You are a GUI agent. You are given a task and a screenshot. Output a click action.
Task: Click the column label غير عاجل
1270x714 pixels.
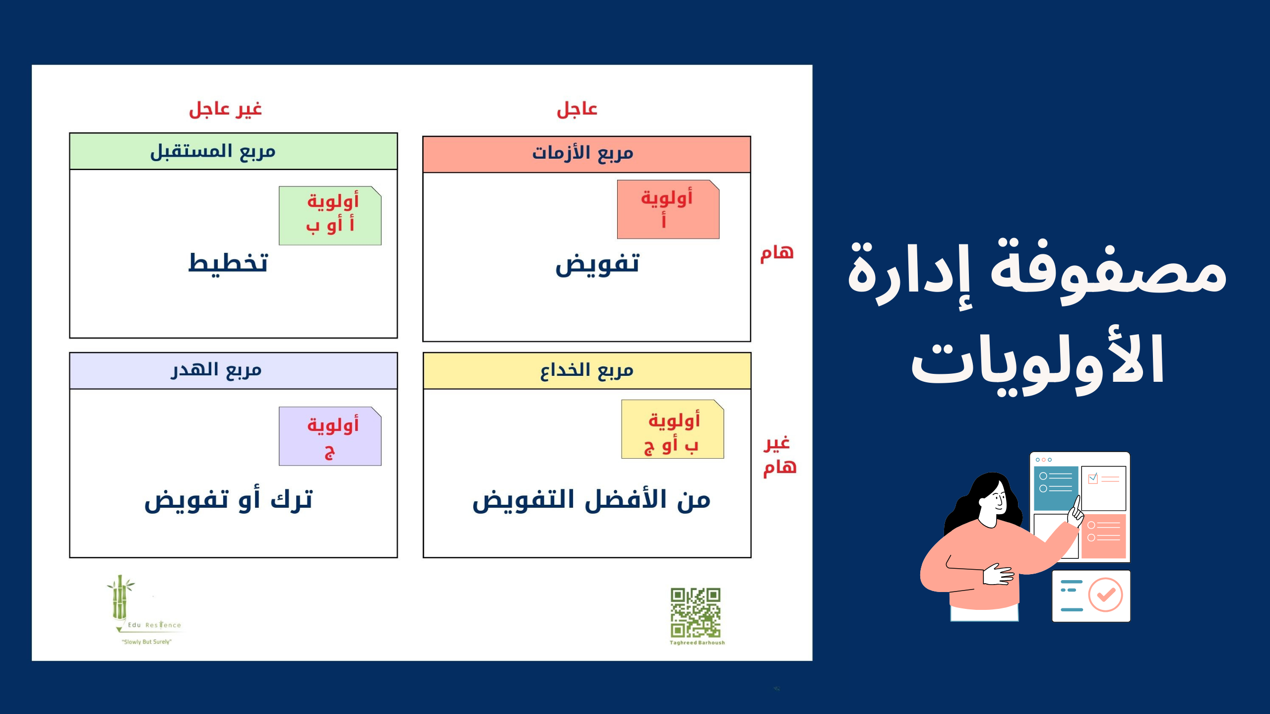pyautogui.click(x=225, y=109)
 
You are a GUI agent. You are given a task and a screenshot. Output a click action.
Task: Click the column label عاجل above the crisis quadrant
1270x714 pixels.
pyautogui.click(x=577, y=109)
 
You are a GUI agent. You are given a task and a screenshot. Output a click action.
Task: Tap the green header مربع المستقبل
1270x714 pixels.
pyautogui.click(x=233, y=151)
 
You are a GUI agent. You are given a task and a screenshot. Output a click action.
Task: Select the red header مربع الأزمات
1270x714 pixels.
pyautogui.click(x=586, y=154)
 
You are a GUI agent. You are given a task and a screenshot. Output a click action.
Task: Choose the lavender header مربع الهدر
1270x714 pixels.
pyautogui.click(x=233, y=370)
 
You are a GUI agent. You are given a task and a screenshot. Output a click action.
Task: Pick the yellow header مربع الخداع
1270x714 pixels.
pyautogui.click(x=587, y=370)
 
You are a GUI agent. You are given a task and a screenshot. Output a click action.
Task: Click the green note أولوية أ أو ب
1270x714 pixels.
pyautogui.click(x=330, y=216)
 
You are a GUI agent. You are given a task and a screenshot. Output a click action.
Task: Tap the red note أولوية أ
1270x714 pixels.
pyautogui.click(x=668, y=209)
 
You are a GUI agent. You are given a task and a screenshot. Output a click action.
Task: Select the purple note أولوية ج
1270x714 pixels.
pyautogui.click(x=330, y=436)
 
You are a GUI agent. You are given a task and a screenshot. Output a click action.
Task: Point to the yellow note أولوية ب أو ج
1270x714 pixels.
pyautogui.click(x=673, y=429)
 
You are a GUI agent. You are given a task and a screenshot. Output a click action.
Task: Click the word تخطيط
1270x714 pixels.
pyautogui.click(x=228, y=263)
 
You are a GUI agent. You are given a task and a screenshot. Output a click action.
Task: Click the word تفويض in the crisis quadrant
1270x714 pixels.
pyautogui.click(x=597, y=265)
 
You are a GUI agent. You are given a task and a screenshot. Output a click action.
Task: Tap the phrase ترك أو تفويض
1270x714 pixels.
pyautogui.click(x=229, y=500)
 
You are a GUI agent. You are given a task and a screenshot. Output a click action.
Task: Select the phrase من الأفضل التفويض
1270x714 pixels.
pyautogui.click(x=591, y=500)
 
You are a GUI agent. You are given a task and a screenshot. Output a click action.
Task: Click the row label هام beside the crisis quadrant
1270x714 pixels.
pyautogui.click(x=777, y=253)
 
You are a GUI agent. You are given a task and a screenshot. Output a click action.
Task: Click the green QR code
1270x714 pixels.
pyautogui.click(x=696, y=613)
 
